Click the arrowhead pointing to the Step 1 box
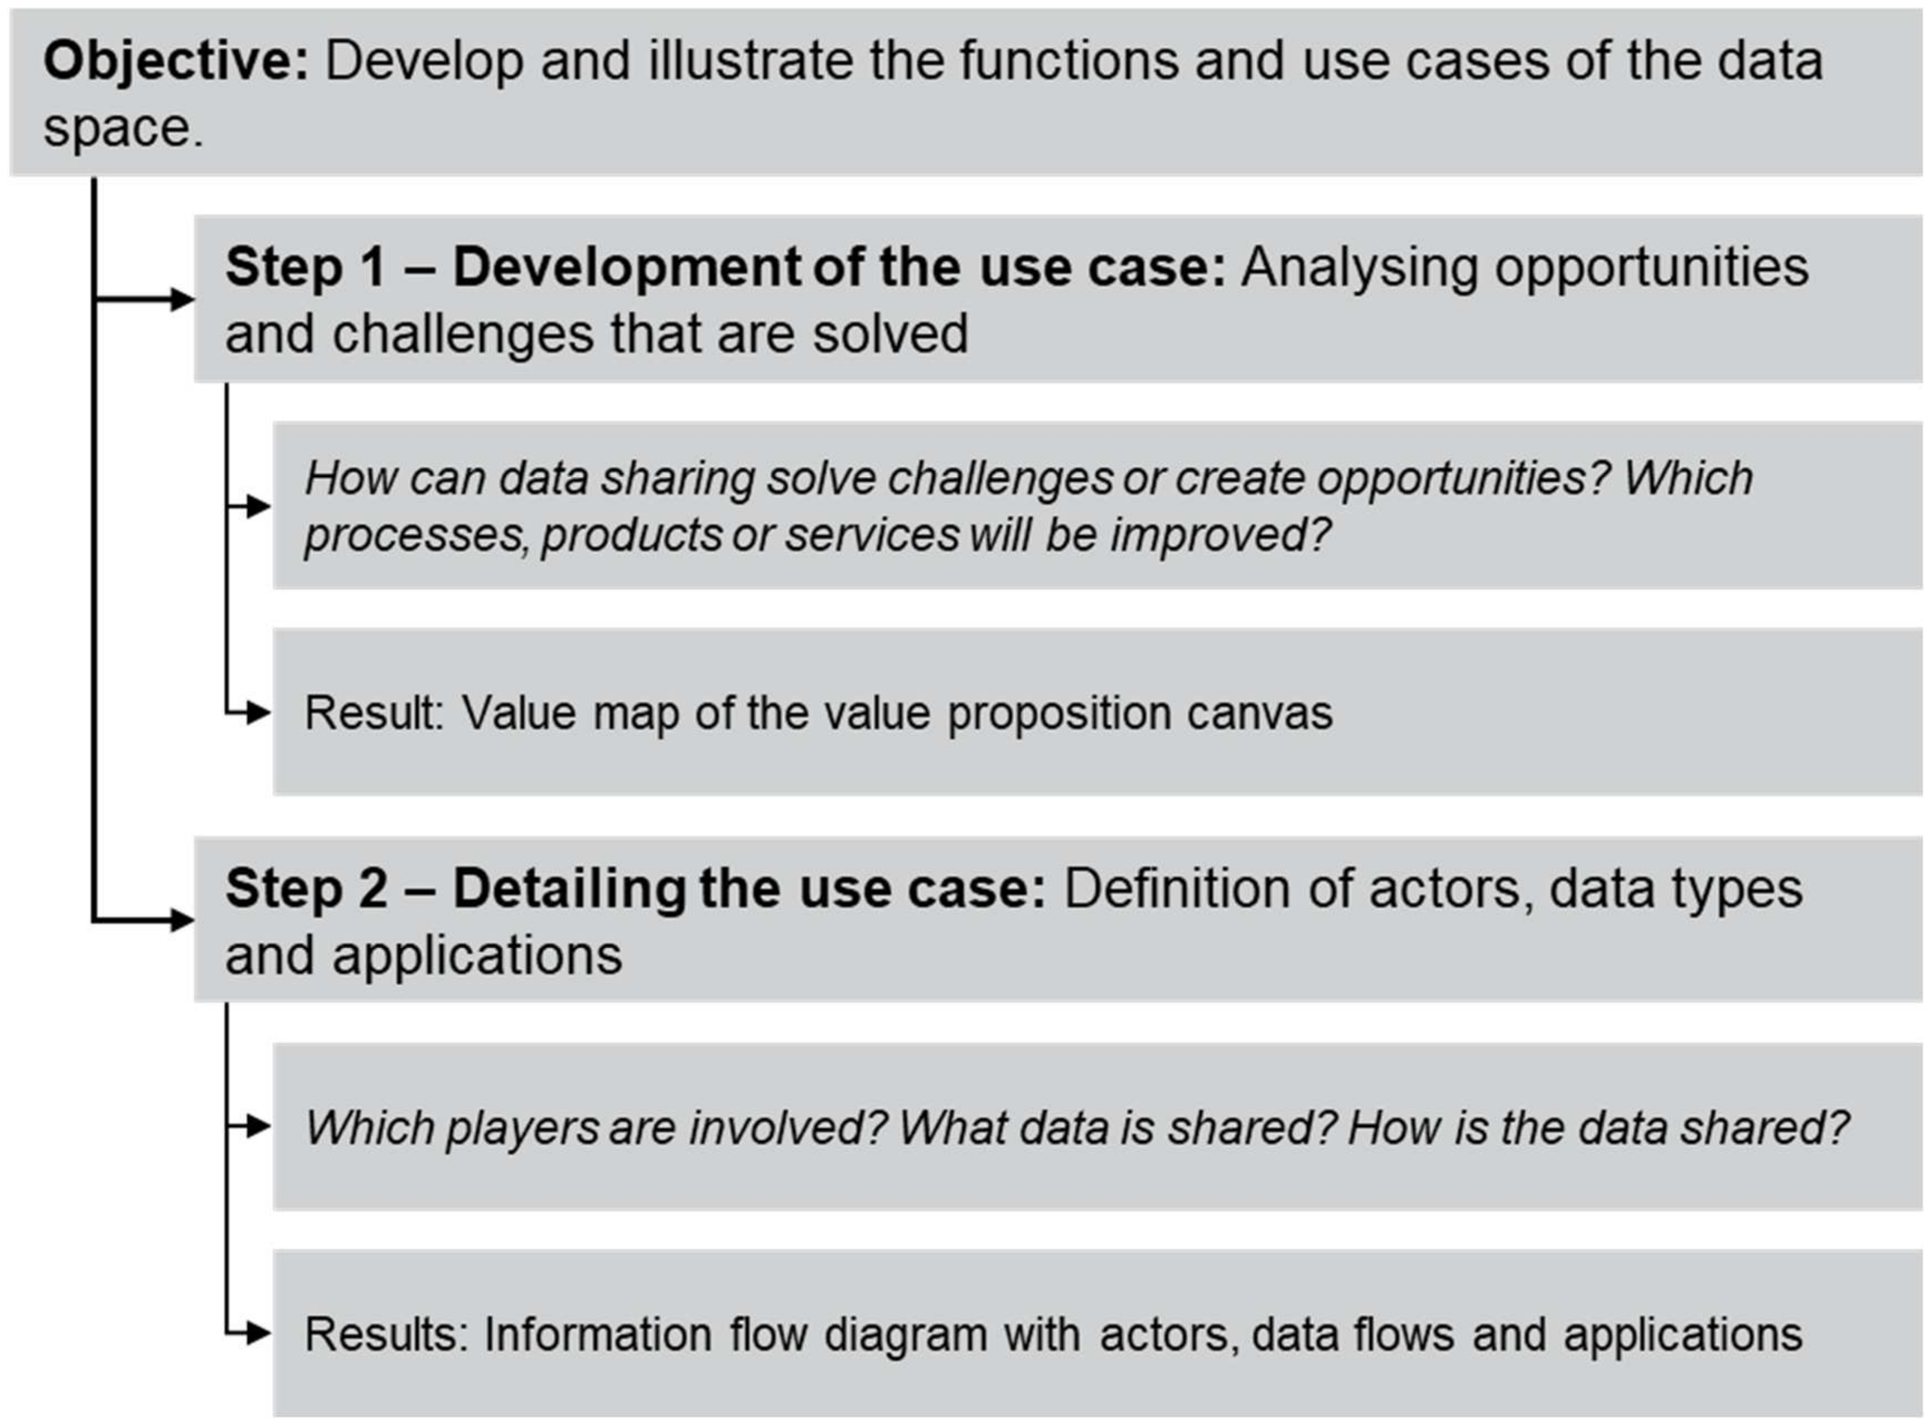click(x=182, y=299)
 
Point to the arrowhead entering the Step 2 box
click(x=182, y=920)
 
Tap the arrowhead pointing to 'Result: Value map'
click(x=259, y=714)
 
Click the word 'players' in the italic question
click(x=523, y=1129)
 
